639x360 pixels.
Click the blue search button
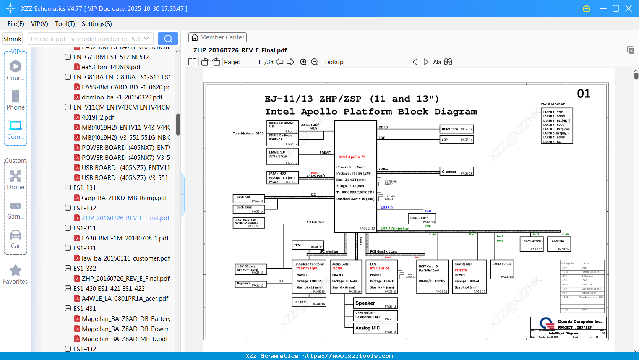pyautogui.click(x=168, y=39)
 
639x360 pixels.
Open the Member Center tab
pyautogui.click(x=217, y=37)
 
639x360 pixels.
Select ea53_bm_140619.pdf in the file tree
pyautogui.click(x=111, y=67)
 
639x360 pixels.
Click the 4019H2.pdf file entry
pyautogui.click(x=98, y=117)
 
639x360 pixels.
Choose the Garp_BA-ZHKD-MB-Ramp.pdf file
pyautogui.click(x=124, y=198)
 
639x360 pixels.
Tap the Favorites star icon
pyautogui.click(x=16, y=271)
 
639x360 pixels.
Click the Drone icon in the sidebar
pyautogui.click(x=16, y=176)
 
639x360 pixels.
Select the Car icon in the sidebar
pyautogui.click(x=16, y=235)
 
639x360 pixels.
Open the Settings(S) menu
pyautogui.click(x=97, y=24)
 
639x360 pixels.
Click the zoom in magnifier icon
pyautogui.click(x=303, y=62)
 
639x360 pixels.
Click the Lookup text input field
pyautogui.click(x=378, y=62)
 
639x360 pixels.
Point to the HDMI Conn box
pyautogui.click(x=457, y=129)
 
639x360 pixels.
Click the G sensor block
pyautogui.click(x=457, y=172)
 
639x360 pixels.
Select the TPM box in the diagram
pyautogui.click(x=308, y=245)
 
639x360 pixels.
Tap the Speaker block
pyautogui.click(x=376, y=303)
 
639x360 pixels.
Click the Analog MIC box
pyautogui.click(x=376, y=328)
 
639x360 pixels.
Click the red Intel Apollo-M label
pyautogui.click(x=352, y=157)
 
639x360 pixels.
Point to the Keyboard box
pyautogui.click(x=250, y=284)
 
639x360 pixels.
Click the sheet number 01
pyautogui.click(x=583, y=94)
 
